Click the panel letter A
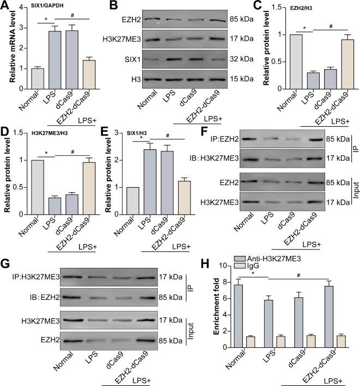[5, 7]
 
